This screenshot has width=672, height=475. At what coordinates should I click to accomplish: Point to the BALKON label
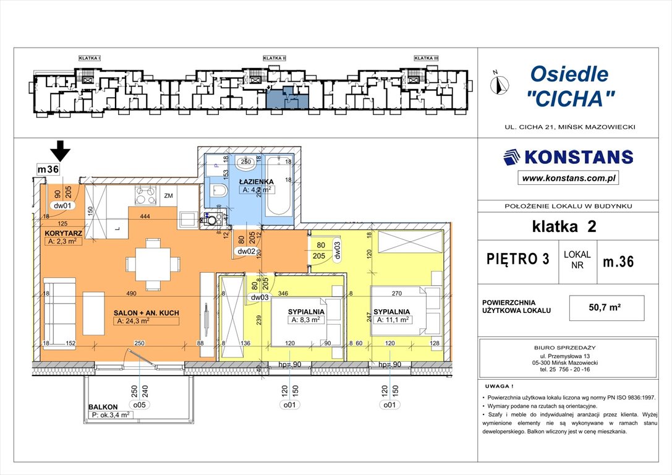pos(102,408)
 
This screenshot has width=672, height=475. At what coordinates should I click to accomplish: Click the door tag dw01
pos(63,205)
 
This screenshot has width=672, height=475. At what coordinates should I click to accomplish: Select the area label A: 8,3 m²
pos(305,320)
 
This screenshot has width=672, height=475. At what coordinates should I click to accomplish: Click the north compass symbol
pos(499,83)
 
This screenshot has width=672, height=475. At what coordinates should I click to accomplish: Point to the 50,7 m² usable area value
pos(606,307)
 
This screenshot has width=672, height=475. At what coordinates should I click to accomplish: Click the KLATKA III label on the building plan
pos(426,58)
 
